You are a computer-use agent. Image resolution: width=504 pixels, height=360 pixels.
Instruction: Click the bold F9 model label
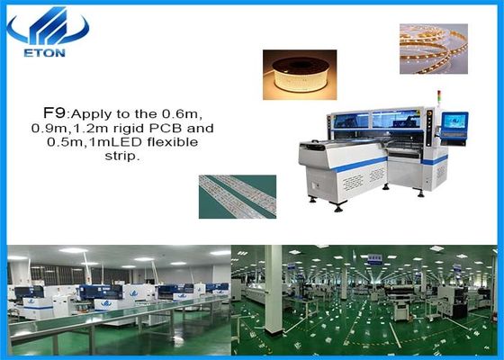[x=55, y=113]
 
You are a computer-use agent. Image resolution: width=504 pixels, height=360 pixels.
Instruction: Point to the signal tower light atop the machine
[x=433, y=98]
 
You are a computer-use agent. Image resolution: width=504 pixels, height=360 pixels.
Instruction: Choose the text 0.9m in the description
[x=60, y=129]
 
